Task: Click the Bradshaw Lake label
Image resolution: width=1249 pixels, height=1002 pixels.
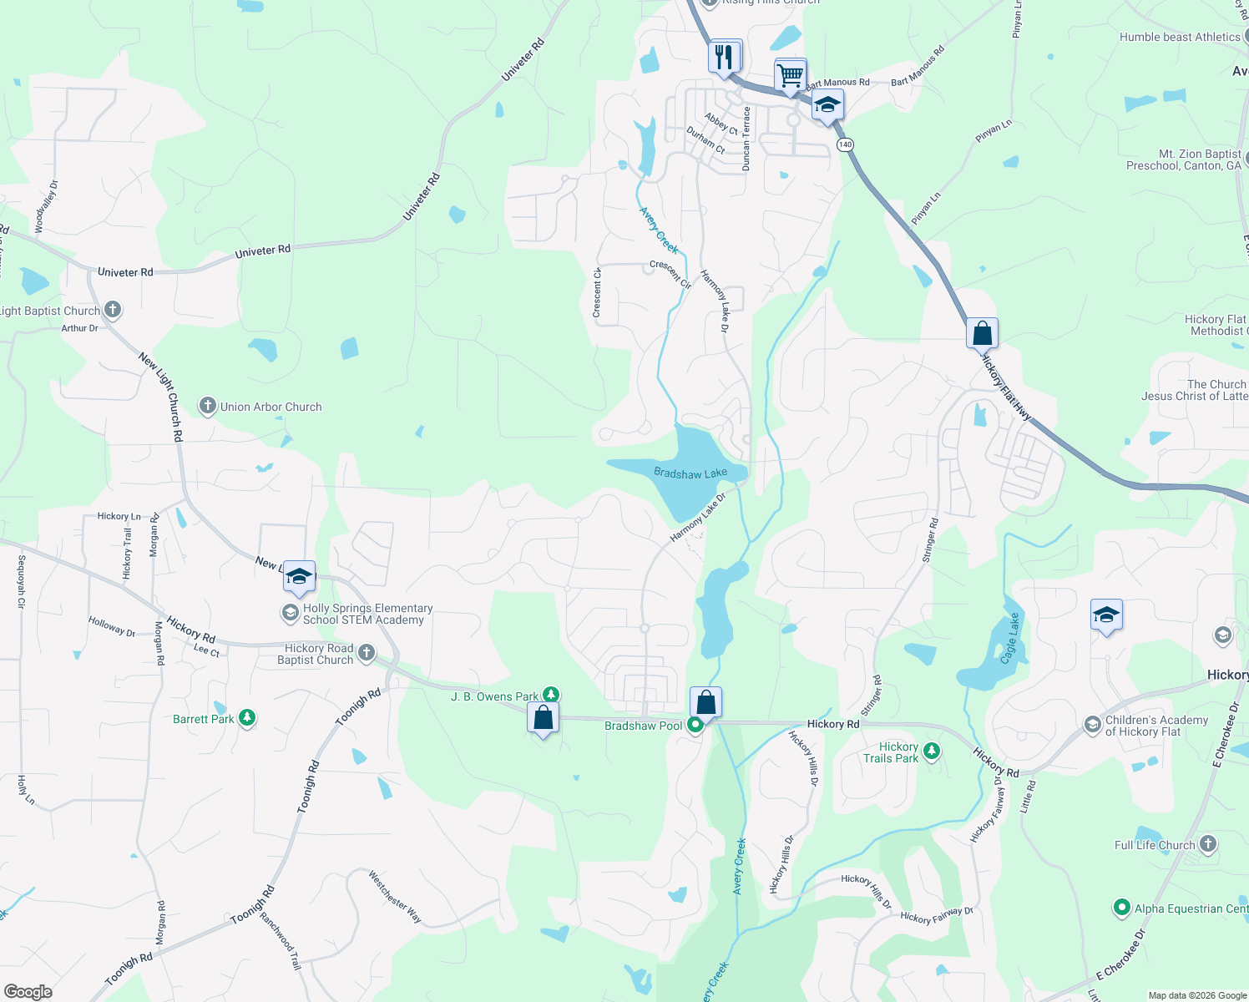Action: click(690, 473)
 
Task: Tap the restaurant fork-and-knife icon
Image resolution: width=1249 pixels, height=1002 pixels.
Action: click(724, 57)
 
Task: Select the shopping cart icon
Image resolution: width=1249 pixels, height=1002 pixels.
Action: click(790, 75)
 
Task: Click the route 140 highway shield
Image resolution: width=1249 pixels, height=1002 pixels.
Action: click(845, 144)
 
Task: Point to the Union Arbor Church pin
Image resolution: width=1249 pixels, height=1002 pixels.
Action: click(208, 406)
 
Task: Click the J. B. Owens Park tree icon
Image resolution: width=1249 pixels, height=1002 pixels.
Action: click(550, 695)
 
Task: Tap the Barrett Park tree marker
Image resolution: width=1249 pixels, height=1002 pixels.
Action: click(246, 717)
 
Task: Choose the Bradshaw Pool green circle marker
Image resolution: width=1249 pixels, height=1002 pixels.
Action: click(695, 725)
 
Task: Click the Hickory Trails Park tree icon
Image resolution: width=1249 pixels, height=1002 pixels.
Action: click(932, 751)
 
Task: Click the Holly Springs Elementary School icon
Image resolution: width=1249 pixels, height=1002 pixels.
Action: click(290, 614)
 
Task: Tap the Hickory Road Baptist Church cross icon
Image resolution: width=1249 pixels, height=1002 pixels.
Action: click(366, 653)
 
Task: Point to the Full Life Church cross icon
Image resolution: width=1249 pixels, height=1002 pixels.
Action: click(1207, 844)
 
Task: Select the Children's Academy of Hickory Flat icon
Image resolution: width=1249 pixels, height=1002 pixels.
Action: click(1093, 725)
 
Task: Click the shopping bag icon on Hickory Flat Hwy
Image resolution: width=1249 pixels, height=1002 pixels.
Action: click(983, 333)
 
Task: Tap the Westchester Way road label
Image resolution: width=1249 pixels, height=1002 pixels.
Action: click(395, 897)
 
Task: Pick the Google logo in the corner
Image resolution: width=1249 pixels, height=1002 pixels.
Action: click(28, 991)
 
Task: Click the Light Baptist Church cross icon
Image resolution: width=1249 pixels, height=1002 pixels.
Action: click(113, 310)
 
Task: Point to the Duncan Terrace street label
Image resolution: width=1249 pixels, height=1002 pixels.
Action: click(746, 139)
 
